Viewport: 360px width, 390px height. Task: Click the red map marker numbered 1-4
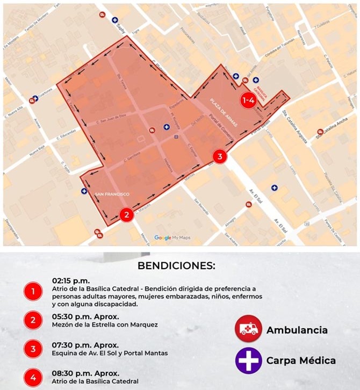248,100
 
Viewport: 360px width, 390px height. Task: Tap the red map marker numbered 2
126,215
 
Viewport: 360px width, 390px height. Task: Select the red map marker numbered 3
219,156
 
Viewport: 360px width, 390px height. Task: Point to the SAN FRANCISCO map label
112,194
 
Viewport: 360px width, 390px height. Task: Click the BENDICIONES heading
176,265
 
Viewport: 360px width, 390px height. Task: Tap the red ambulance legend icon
248,329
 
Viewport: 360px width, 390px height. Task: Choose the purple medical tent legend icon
248,360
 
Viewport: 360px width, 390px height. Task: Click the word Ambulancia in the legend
297,330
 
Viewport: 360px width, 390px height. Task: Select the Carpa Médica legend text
301,360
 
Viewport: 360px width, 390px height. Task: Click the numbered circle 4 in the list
33,378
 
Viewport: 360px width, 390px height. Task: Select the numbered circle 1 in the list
33,292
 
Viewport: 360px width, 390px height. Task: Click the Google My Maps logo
172,237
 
